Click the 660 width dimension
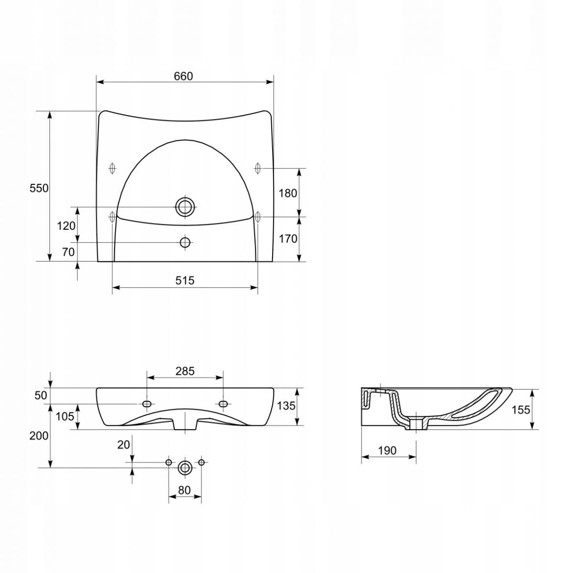pos(183,76)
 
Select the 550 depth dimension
pos(39,188)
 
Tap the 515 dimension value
pos(185,280)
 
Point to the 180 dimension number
pos(288,193)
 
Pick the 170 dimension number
pos(288,238)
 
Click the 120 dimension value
pos(66,226)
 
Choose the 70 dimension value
pos(68,252)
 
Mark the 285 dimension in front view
pos(185,371)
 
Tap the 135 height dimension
pos(286,405)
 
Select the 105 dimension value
pos(65,416)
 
